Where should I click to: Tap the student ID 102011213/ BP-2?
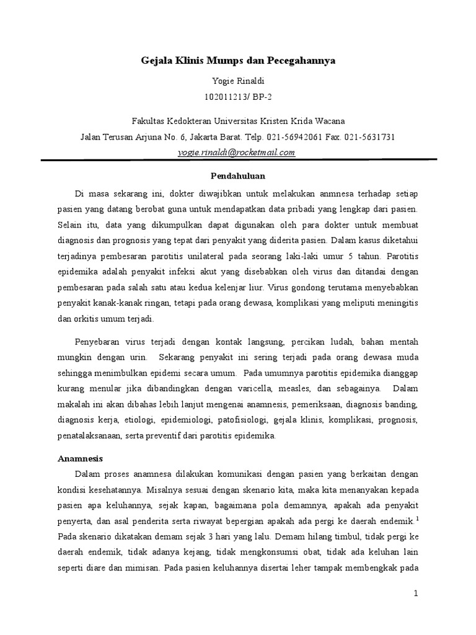pos(238,97)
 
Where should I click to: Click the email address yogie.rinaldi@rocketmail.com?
pos(237,152)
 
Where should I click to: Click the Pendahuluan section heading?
pos(237,175)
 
